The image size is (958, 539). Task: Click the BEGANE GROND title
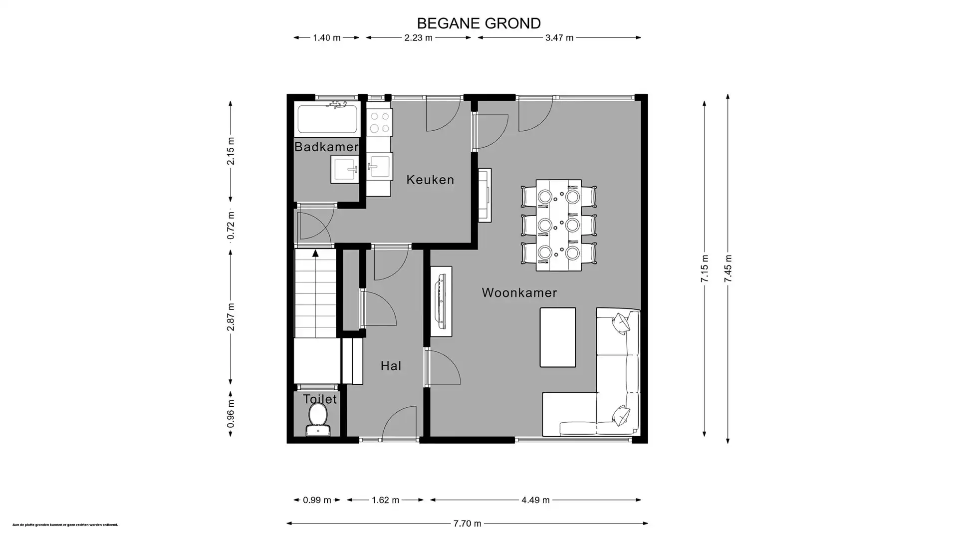tap(479, 23)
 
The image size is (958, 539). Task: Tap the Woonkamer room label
tap(519, 293)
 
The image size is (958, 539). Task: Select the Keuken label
tap(430, 180)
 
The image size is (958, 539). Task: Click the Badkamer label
tap(326, 147)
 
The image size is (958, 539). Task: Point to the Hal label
tap(391, 366)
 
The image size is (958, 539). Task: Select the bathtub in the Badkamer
tap(327, 119)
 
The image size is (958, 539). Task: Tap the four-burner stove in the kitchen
tap(379, 122)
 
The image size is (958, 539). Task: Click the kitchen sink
tap(380, 166)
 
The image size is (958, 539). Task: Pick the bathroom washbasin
tap(345, 169)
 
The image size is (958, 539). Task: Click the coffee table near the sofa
tap(557, 337)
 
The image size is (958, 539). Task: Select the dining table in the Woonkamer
tap(558, 225)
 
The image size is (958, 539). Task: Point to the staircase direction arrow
tap(315, 254)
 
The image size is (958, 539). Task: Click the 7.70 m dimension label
tap(467, 524)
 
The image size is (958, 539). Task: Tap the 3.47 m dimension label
tap(559, 37)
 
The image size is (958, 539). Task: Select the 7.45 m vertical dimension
tap(728, 269)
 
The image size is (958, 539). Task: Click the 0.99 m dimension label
tap(317, 500)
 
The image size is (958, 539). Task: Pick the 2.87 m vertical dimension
tap(231, 317)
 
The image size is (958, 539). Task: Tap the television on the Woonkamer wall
tap(441, 301)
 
